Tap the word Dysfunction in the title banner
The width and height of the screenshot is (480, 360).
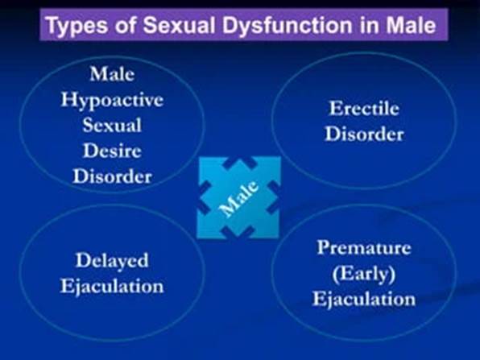pyautogui.click(x=288, y=26)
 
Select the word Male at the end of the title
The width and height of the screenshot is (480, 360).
pyautogui.click(x=411, y=25)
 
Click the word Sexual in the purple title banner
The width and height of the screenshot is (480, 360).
pyautogui.click(x=179, y=25)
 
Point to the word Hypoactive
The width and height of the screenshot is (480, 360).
pyautogui.click(x=112, y=100)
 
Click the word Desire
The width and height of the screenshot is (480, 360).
pyautogui.click(x=112, y=151)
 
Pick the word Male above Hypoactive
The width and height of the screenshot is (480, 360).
pyautogui.click(x=112, y=74)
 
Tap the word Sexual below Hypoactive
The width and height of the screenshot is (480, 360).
pyautogui.click(x=112, y=125)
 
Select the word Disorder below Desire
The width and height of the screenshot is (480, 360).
pyautogui.click(x=112, y=176)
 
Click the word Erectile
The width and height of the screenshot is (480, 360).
pyautogui.click(x=364, y=109)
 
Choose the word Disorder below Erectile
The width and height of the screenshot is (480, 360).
pyautogui.click(x=364, y=134)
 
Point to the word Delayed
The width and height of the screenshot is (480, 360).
pyautogui.click(x=112, y=261)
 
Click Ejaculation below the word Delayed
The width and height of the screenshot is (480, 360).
pyautogui.click(x=112, y=287)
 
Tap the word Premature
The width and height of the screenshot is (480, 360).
pyautogui.click(x=364, y=247)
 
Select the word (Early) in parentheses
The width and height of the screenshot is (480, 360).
pyautogui.click(x=364, y=273)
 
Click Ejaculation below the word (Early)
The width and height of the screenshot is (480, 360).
pyautogui.click(x=364, y=299)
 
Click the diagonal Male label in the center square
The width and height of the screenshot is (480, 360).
pyautogui.click(x=239, y=199)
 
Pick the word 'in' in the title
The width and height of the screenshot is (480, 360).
pyautogui.click(x=369, y=25)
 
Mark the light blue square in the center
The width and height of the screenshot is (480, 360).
pyautogui.click(x=238, y=197)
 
